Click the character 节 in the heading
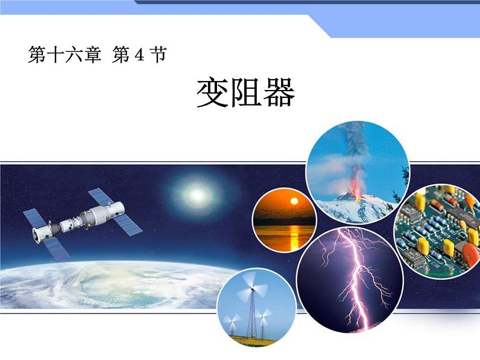157,56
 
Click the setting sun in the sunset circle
294,202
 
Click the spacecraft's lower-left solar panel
52,244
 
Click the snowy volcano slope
339,208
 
